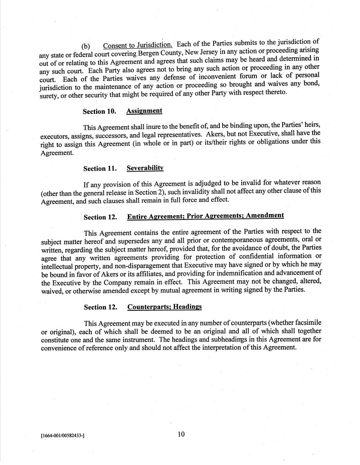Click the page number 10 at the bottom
pos(181,434)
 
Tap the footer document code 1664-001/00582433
pos(63,436)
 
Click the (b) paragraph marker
pos(86,47)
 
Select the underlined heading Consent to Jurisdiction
pos(138,45)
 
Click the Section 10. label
pos(99,111)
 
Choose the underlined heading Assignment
pos(144,111)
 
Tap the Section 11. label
pos(100,168)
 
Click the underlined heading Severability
pos(145,168)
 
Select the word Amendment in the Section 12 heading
pos(265,215)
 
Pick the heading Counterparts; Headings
pos(164,307)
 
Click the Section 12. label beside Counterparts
pos(101,307)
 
